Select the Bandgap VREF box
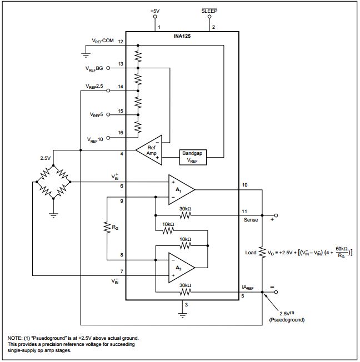[x=193, y=157]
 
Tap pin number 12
[x=120, y=42]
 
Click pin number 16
[x=120, y=133]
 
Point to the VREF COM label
[x=102, y=42]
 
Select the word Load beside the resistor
[x=251, y=252]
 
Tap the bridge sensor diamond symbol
[x=53, y=182]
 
